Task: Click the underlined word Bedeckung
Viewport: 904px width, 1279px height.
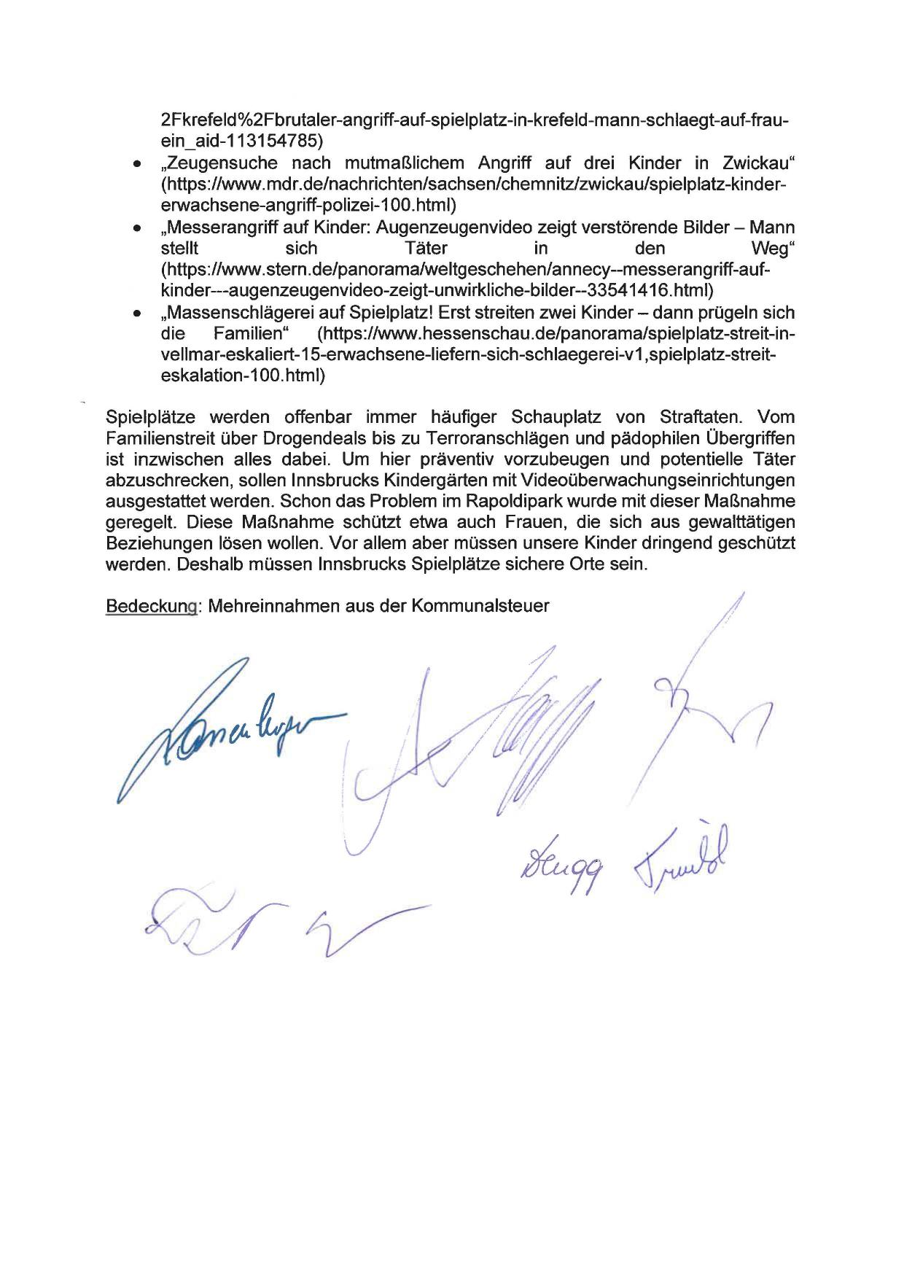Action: tap(152, 607)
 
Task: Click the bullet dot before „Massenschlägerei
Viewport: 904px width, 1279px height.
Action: tap(136, 314)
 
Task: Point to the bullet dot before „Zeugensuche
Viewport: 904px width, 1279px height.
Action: tap(136, 165)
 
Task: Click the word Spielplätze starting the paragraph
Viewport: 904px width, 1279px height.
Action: tap(150, 417)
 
